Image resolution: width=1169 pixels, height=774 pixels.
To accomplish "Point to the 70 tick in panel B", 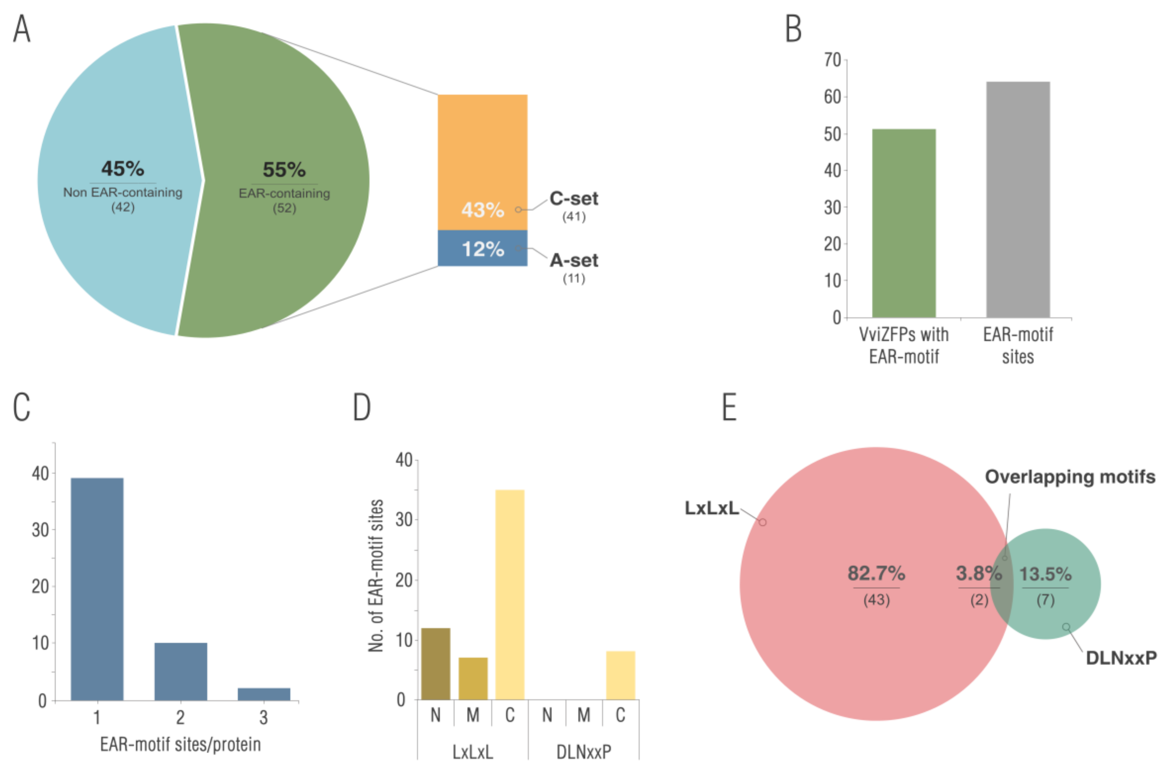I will pyautogui.click(x=832, y=60).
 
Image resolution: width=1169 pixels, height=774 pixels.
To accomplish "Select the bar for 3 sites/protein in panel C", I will pyautogui.click(x=264, y=694).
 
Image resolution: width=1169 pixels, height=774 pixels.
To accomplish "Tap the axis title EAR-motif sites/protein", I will pyautogui.click(x=180, y=744).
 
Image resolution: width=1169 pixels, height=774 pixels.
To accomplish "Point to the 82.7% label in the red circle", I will pyautogui.click(x=876, y=573).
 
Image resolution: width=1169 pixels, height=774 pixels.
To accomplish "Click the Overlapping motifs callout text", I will pyautogui.click(x=1070, y=477).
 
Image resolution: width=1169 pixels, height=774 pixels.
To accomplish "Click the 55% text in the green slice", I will pyautogui.click(x=284, y=170).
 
